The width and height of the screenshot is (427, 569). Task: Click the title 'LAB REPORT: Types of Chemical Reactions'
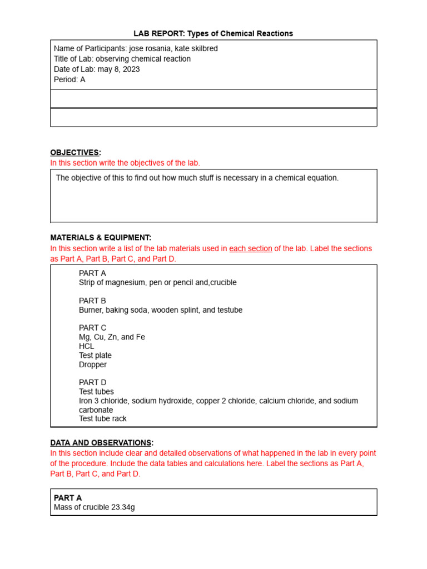click(213, 34)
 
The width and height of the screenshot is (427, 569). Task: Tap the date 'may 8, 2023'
click(118, 69)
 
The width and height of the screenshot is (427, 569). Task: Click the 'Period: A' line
click(69, 79)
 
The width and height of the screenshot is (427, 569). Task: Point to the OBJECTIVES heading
click(75, 152)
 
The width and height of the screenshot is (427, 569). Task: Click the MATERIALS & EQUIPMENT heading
click(101, 237)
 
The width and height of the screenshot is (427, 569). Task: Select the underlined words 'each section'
click(251, 248)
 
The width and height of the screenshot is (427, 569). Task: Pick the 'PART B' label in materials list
click(92, 301)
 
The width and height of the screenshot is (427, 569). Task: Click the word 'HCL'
click(87, 346)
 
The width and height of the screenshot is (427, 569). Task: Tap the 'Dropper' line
click(93, 365)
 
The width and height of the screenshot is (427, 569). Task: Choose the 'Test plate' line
click(95, 356)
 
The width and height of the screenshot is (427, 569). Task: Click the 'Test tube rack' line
click(103, 419)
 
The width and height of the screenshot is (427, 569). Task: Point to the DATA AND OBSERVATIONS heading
click(101, 443)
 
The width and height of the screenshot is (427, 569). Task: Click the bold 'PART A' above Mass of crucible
click(68, 498)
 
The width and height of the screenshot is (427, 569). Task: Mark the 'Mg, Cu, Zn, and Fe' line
click(112, 337)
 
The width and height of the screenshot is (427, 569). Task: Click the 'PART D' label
click(92, 382)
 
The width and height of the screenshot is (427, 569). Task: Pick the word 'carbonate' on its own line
click(96, 410)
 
